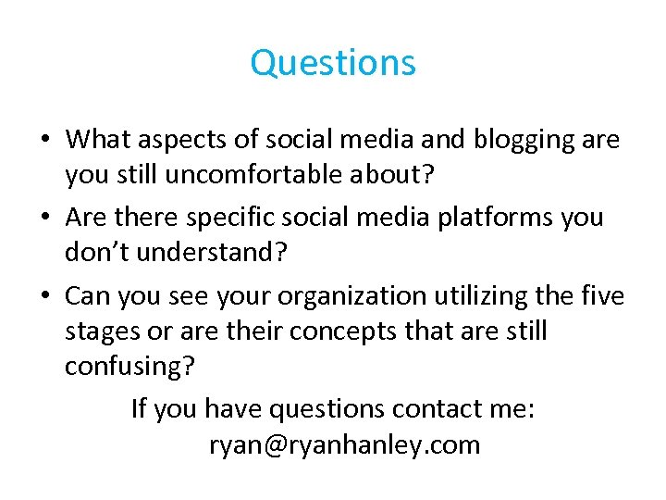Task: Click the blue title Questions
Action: (x=333, y=63)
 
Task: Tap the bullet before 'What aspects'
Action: (x=45, y=141)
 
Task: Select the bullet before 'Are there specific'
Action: (x=45, y=218)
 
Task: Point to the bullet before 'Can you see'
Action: (x=45, y=295)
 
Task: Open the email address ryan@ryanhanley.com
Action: (x=344, y=445)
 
